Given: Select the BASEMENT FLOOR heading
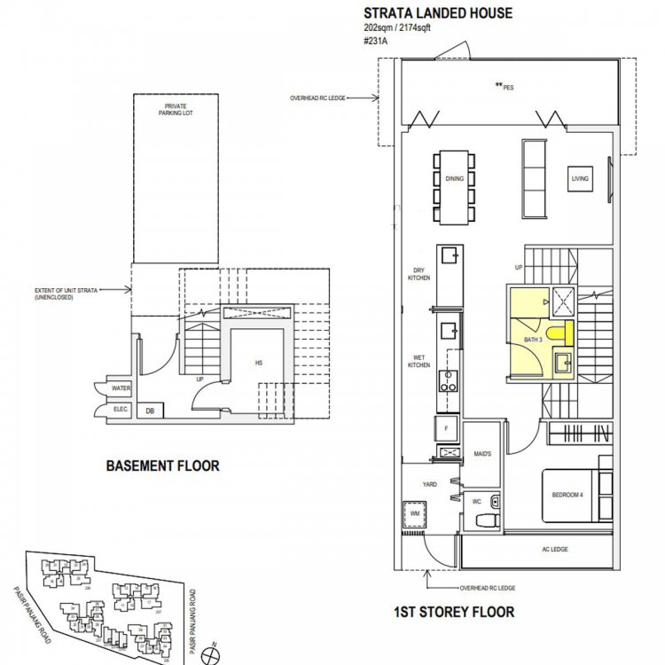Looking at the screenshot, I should tap(162, 465).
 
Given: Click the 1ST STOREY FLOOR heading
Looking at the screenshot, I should tap(453, 612).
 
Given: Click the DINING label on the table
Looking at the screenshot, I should tap(454, 179).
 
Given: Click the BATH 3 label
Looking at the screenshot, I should tap(532, 340).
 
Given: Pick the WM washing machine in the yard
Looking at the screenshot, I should tap(414, 513).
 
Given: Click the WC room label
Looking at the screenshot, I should tap(475, 502).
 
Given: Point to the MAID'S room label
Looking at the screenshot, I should tap(483, 454).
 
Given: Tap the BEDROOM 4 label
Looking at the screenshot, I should tap(568, 495).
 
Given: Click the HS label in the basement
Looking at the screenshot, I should tap(258, 363).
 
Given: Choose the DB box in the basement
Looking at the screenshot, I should tap(151, 411).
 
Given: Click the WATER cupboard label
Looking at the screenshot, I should tap(121, 387).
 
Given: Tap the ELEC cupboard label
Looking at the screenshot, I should tap(120, 409).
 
